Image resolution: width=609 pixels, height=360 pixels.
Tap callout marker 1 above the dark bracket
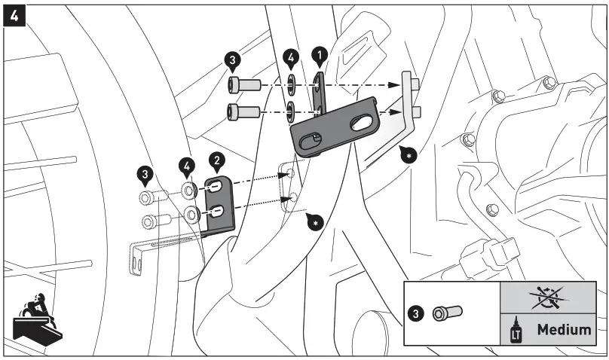tap(320, 55)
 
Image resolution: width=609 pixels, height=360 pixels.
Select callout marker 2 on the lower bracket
tap(216, 159)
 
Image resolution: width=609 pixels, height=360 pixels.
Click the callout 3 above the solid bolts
tap(234, 59)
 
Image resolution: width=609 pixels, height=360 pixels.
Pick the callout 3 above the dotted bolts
tap(145, 174)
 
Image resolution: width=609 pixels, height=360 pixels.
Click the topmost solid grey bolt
tap(243, 84)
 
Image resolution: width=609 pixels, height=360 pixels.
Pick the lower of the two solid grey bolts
tap(243, 112)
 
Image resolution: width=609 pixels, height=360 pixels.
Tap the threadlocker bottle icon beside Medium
tap(517, 329)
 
